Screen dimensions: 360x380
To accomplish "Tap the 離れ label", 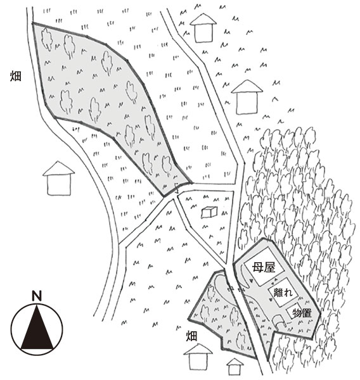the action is click(x=283, y=293).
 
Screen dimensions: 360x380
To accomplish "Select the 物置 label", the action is click(x=302, y=313).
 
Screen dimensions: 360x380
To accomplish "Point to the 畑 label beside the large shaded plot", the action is click(x=15, y=76).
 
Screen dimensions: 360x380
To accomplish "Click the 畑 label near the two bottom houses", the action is click(x=191, y=336).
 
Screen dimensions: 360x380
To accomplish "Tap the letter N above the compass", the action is click(x=37, y=296).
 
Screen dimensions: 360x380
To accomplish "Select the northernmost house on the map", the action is click(x=203, y=28).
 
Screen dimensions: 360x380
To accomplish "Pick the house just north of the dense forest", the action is click(x=247, y=97).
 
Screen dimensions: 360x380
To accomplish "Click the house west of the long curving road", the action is click(x=59, y=178).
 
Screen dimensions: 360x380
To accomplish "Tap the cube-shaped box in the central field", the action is click(x=209, y=212).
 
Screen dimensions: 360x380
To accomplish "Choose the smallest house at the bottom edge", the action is click(x=235, y=367).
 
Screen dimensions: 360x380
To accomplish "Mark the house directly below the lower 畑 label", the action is click(x=198, y=357).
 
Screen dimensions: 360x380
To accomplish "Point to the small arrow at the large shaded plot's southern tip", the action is click(x=177, y=188).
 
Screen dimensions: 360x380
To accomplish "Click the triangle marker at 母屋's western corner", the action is click(x=252, y=281).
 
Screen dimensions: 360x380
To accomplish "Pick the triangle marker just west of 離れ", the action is click(x=271, y=300).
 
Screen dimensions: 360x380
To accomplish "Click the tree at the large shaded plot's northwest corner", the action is click(x=47, y=39).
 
